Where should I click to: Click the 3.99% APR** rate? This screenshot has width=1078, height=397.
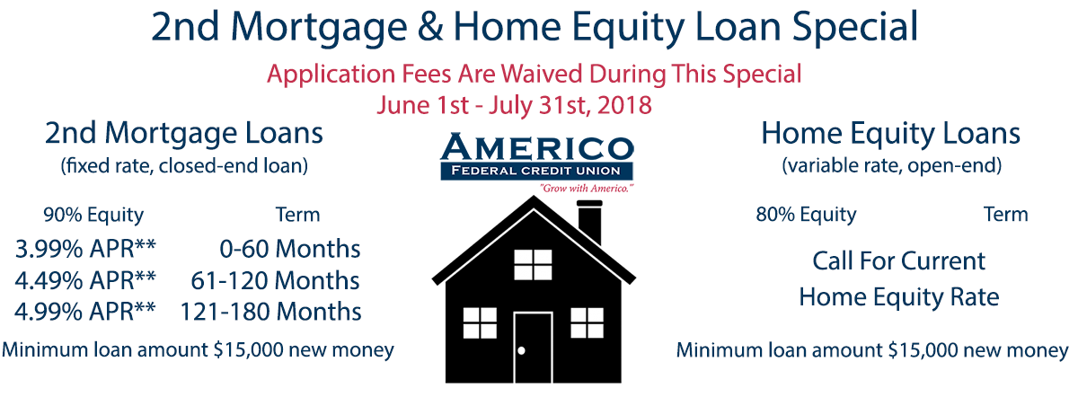pos(85,250)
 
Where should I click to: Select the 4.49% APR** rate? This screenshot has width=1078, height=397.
pos(85,280)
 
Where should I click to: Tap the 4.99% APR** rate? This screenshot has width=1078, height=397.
pos(85,312)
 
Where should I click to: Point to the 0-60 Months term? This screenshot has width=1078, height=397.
pos(289,250)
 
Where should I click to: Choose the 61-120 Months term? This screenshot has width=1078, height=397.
pos(275,280)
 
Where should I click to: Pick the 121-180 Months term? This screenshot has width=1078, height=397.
pos(270,312)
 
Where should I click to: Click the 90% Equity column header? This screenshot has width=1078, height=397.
pos(93,215)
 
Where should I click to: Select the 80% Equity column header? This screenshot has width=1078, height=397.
pos(806,215)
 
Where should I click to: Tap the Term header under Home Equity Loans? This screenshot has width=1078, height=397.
pos(1005,214)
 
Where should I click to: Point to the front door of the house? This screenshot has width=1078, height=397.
pos(533,348)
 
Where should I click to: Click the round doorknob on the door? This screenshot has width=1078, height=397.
pos(521,351)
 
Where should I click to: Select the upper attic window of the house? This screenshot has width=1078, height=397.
pos(533,265)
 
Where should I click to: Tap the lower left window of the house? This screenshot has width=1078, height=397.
pos(480,322)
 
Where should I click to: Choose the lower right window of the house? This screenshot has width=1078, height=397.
pos(587,322)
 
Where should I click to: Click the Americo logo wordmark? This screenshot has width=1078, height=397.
pos(537,147)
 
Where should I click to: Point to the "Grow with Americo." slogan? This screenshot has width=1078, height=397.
pos(586,188)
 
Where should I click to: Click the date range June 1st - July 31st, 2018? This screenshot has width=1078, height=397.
pos(514,105)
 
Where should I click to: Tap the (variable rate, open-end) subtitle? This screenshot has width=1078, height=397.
pos(892,165)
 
